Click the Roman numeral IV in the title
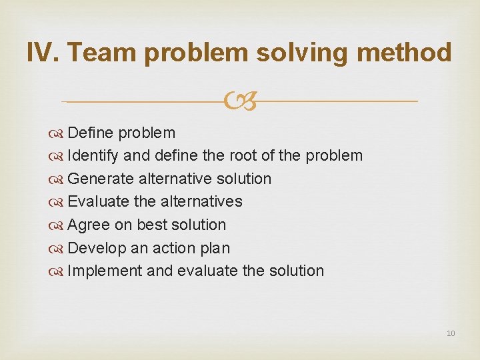pyautogui.click(x=41, y=52)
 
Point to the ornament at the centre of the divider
pyautogui.click(x=240, y=101)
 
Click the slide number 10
pyautogui.click(x=451, y=333)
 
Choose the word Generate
pyautogui.click(x=101, y=179)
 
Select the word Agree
pyautogui.click(x=89, y=225)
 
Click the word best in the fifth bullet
pyautogui.click(x=152, y=225)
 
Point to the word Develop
pyautogui.click(x=97, y=248)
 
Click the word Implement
pyautogui.click(x=105, y=271)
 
